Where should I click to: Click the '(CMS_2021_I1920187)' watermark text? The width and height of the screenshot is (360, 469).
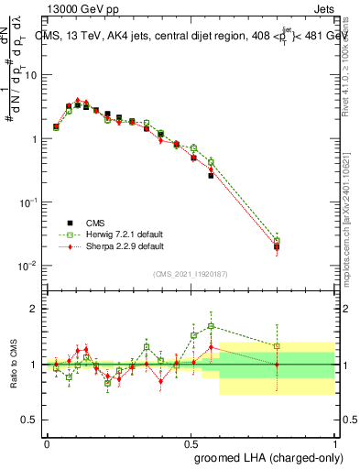pos(191,273)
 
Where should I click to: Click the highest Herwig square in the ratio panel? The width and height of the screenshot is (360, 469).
pos(211,326)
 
